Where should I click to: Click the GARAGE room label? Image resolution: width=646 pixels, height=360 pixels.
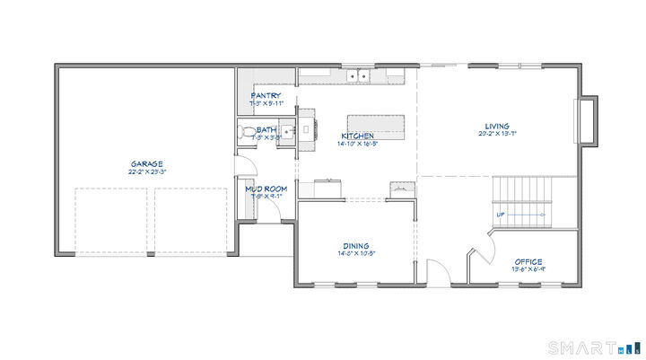pos(146,163)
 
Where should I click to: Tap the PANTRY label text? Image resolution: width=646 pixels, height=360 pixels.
pos(266,95)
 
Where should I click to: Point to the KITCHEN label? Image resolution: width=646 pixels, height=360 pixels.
pos(356,136)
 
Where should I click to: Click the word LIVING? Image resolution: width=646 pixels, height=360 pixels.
pos(497,127)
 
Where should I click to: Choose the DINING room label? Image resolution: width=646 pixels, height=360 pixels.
pos(355,245)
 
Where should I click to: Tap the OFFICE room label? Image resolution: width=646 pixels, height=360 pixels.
pos(528,262)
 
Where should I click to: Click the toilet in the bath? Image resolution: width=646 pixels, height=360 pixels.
pos(247,133)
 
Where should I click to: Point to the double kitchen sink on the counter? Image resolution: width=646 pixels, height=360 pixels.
pos(361,76)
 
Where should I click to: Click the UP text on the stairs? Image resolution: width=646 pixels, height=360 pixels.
pos(500,215)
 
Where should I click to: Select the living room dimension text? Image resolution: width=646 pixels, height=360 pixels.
pos(497,134)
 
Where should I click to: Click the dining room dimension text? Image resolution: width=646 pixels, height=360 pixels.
pos(355,252)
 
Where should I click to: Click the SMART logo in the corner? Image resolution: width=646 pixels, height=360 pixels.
pos(595,347)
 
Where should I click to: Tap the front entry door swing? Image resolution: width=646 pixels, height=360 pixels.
pos(435,274)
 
